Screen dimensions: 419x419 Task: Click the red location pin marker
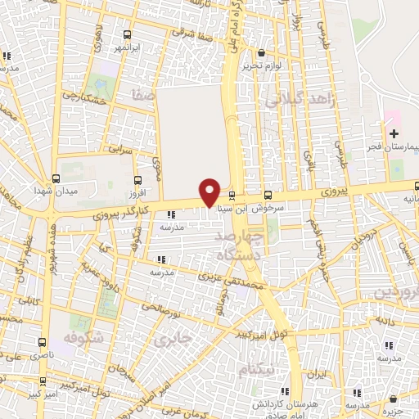click(210, 192)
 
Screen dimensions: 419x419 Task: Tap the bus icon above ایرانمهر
click(127, 34)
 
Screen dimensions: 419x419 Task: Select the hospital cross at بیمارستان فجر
click(394, 133)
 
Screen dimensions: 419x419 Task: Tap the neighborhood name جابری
click(176, 337)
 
